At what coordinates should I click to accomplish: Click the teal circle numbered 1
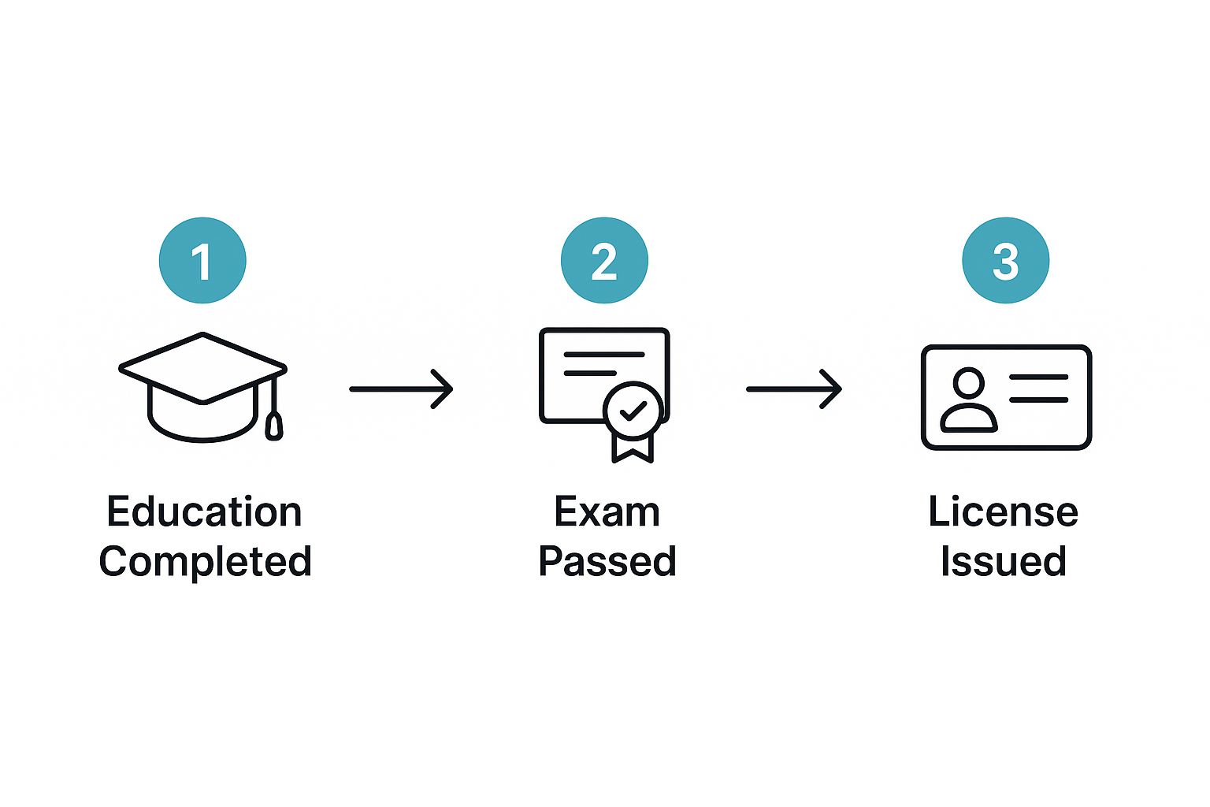202,260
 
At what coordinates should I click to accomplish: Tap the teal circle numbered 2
604,260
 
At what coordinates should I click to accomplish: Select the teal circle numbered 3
1006,260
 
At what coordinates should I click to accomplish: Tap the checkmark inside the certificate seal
633,411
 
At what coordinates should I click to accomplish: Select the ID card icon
1006,397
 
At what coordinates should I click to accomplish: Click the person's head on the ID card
968,384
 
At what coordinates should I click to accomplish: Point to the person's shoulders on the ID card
968,418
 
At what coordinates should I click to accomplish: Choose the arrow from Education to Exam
401,389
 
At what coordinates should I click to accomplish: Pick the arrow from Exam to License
794,389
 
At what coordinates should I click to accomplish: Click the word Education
204,512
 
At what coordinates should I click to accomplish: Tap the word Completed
205,562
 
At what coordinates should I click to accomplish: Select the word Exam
607,512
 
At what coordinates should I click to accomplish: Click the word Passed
607,562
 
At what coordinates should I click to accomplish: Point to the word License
1003,512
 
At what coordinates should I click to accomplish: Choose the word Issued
1003,562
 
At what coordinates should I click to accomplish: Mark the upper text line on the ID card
1038,377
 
